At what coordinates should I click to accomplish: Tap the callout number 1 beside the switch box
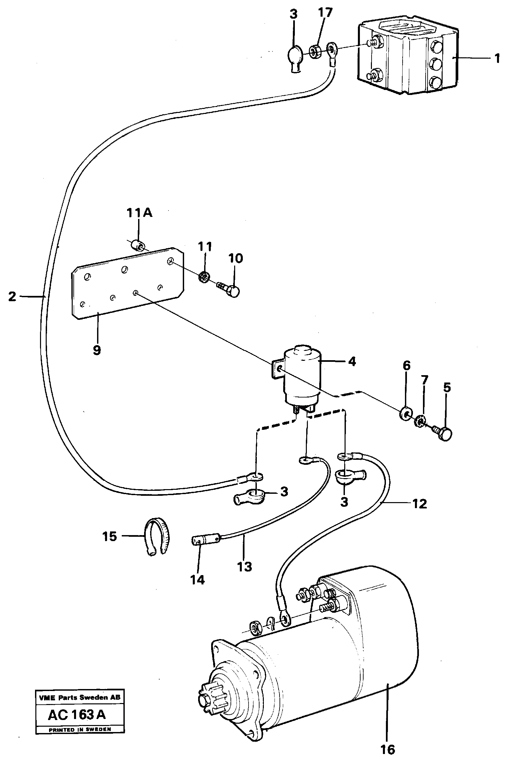[x=497, y=59]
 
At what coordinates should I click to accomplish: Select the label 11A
[x=139, y=213]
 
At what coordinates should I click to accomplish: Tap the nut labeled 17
[x=315, y=51]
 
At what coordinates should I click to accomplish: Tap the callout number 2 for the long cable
[x=12, y=296]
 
